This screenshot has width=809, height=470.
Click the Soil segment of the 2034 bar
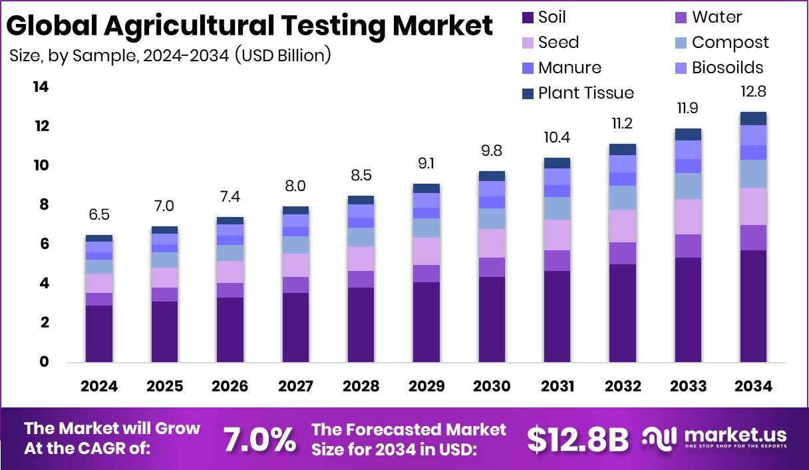pos(753,306)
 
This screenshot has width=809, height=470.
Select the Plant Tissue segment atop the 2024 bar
pos(99,238)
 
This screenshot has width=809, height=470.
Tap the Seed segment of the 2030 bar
pos(492,243)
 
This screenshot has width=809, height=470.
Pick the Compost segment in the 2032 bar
pos(623,198)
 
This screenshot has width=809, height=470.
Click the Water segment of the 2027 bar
pos(295,285)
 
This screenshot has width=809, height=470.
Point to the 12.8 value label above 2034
pos(753,93)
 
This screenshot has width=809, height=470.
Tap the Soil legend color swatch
pos(528,17)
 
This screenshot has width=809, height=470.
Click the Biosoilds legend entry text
pos(727,67)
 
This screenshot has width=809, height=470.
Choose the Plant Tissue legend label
pos(585,93)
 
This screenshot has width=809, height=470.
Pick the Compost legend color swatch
pos(680,43)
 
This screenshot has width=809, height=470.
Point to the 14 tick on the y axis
pos(41,87)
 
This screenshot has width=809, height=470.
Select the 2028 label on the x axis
pos(361,386)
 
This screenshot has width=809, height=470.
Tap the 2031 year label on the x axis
pos(558,386)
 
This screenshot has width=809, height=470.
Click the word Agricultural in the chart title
pos(189,25)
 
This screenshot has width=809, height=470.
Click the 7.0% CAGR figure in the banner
pos(259,439)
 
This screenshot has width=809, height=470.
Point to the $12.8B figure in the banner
pos(577,439)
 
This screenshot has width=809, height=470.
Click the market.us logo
pos(715,438)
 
